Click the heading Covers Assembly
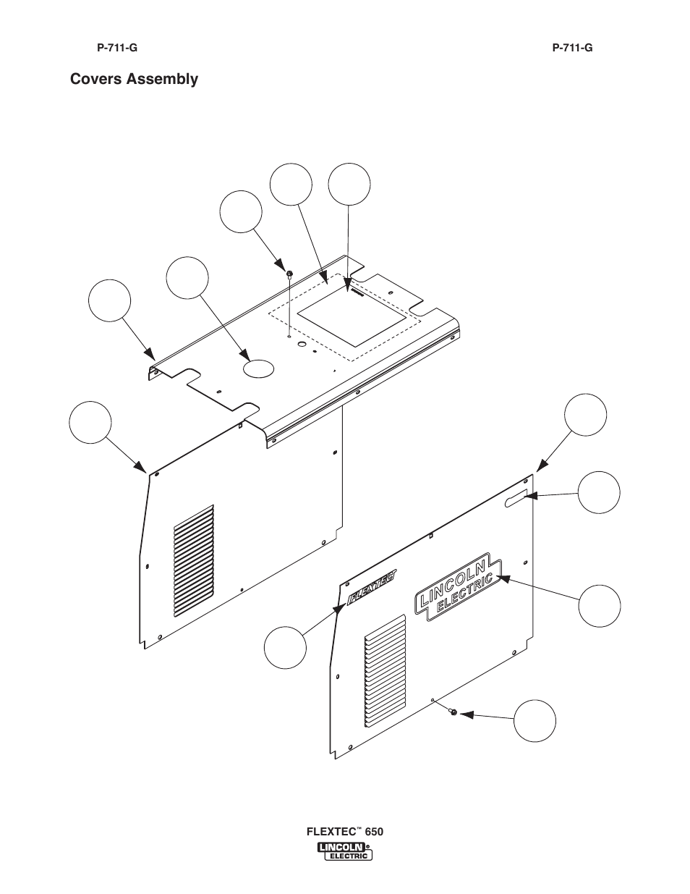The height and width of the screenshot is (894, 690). pos(134,79)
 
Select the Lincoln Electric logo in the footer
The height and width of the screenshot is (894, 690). pos(345,851)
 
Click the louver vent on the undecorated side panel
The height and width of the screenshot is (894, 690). pos(194,561)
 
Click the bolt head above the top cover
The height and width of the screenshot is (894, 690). pos(289,273)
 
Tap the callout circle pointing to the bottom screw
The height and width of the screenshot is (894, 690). pos(535,721)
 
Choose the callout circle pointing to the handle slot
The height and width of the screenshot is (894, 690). pos(600,492)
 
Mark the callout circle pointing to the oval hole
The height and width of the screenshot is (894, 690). pos(187,278)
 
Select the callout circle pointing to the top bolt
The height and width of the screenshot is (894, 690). pos(241,212)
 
